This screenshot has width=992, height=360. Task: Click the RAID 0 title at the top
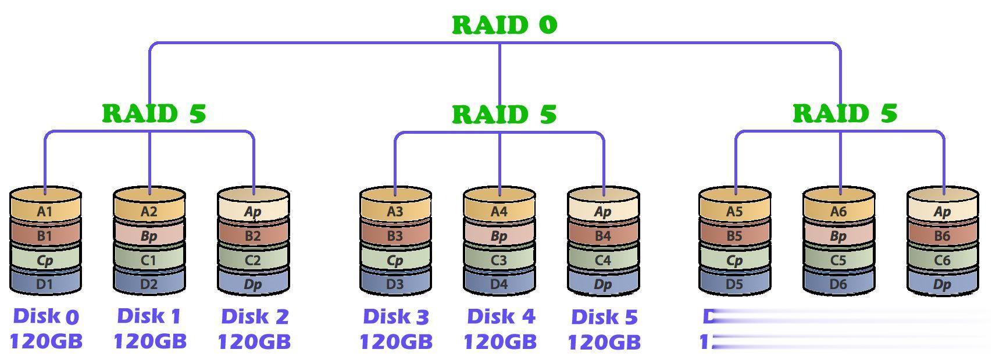(504, 24)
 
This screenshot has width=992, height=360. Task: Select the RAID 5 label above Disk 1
(154, 113)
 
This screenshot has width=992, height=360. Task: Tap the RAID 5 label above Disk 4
(504, 114)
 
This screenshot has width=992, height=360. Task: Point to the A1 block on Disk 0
(45, 212)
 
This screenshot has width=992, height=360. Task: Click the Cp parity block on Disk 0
(45, 260)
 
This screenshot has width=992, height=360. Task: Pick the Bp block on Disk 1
(149, 236)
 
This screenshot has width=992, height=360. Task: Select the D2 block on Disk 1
(149, 284)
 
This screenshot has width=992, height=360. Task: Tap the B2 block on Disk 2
(253, 236)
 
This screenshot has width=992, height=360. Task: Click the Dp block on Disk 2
(253, 284)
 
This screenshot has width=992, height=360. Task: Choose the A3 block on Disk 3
(395, 212)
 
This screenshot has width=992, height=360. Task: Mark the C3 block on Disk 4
(499, 260)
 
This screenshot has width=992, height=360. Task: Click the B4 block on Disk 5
(603, 236)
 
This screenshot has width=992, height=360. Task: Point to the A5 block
(734, 212)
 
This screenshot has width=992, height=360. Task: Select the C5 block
(838, 260)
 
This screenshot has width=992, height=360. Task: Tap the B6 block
(942, 236)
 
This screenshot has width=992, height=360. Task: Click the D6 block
(838, 284)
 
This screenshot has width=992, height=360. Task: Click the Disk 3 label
(395, 317)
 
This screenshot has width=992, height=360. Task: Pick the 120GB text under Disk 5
(604, 342)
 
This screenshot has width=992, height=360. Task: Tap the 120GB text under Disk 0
(46, 341)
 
